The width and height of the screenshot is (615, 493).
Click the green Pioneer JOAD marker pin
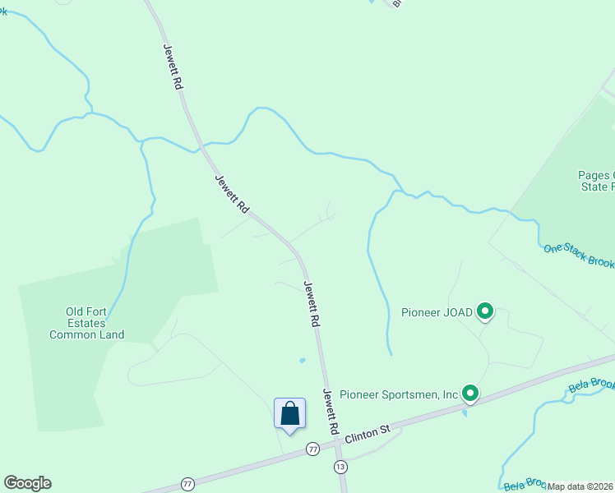coord(485,311)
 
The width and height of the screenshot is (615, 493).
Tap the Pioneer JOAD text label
coord(437,312)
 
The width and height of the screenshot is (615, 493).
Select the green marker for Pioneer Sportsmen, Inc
coord(470,394)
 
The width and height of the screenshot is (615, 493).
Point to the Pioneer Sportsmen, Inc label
coord(399,394)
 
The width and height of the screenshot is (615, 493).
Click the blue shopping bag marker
coord(289,412)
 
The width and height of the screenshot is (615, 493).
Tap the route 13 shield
coord(340,466)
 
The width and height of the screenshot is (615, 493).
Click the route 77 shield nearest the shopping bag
coord(312,449)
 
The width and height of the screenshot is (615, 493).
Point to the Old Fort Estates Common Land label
coord(86,323)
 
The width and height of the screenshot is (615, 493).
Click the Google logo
coord(27,483)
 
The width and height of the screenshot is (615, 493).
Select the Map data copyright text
coord(580,486)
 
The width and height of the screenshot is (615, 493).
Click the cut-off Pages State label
coord(596,181)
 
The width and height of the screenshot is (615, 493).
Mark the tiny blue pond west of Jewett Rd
coord(303,360)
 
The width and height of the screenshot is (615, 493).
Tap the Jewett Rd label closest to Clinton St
coord(331,412)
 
